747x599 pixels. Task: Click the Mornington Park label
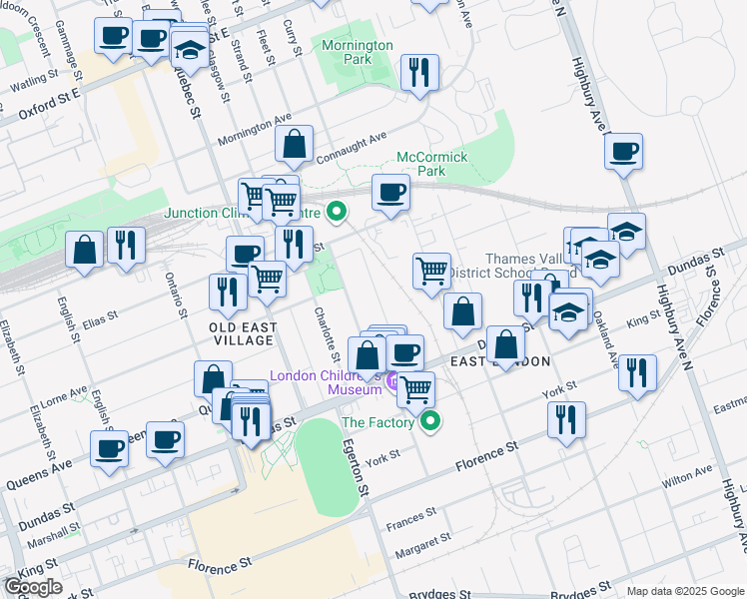(x=359, y=52)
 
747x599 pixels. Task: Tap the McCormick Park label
(x=433, y=164)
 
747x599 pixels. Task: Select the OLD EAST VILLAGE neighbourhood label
(x=242, y=333)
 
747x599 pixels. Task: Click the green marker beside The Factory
(x=430, y=421)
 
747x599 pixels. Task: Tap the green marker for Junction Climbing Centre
(x=337, y=212)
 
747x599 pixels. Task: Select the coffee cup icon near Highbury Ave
(x=624, y=152)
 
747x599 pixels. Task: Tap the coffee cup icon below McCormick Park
(x=390, y=191)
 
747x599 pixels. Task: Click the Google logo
(x=34, y=587)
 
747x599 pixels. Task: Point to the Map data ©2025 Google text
(x=686, y=591)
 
